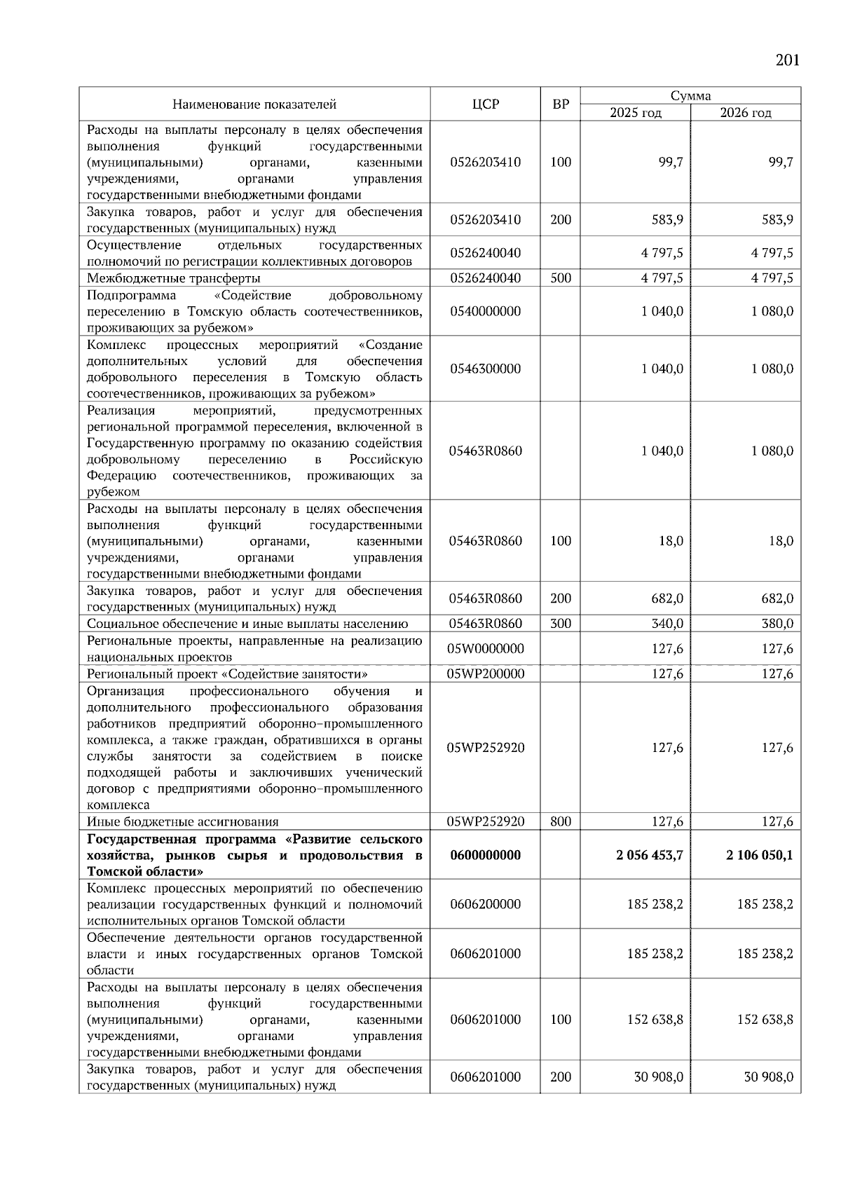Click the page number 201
[x=787, y=60]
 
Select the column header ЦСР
[x=485, y=104]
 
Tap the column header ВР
[x=561, y=104]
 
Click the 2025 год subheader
[x=635, y=113]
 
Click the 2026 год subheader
[x=745, y=113]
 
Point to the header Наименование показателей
[x=254, y=104]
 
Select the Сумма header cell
[x=690, y=96]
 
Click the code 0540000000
[x=485, y=311]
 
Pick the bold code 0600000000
[x=485, y=855]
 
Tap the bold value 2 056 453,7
[x=650, y=855]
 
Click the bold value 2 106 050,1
[x=760, y=855]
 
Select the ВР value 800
[x=561, y=821]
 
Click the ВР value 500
[x=561, y=278]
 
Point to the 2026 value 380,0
[x=777, y=624]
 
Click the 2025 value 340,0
[x=667, y=624]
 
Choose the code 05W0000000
[x=485, y=649]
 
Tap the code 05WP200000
[x=485, y=673]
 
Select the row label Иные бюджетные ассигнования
[x=182, y=822]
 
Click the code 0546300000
[x=485, y=369]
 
